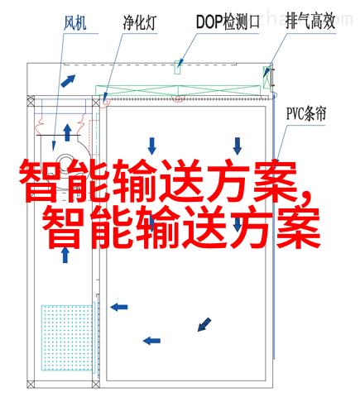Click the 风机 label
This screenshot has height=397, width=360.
pyautogui.click(x=75, y=23)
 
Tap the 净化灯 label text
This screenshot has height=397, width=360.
pyautogui.click(x=140, y=22)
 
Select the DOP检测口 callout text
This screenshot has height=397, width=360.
pyautogui.click(x=228, y=22)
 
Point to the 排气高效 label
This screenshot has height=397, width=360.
pyautogui.click(x=310, y=22)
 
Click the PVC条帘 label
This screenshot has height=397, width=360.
pyautogui.click(x=306, y=113)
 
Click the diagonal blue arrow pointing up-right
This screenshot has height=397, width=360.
pyautogui.click(x=68, y=81)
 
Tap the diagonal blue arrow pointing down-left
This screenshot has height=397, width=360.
pyautogui.click(x=204, y=324)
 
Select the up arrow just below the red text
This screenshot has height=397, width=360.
pyautogui.click(x=65, y=255)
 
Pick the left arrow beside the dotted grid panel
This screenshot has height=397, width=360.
pyautogui.click(x=119, y=307)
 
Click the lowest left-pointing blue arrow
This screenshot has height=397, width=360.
pyautogui.click(x=151, y=341)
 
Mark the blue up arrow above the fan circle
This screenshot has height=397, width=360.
pyautogui.click(x=67, y=132)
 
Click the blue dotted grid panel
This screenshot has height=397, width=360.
pyautogui.click(x=67, y=337)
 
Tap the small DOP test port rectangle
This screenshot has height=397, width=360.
pyautogui.click(x=177, y=67)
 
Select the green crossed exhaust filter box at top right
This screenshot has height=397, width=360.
pyautogui.click(x=266, y=77)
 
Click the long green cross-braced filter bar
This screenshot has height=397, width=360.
pyautogui.click(x=178, y=91)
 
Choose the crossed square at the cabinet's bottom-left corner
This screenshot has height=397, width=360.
pyautogui.click(x=31, y=384)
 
